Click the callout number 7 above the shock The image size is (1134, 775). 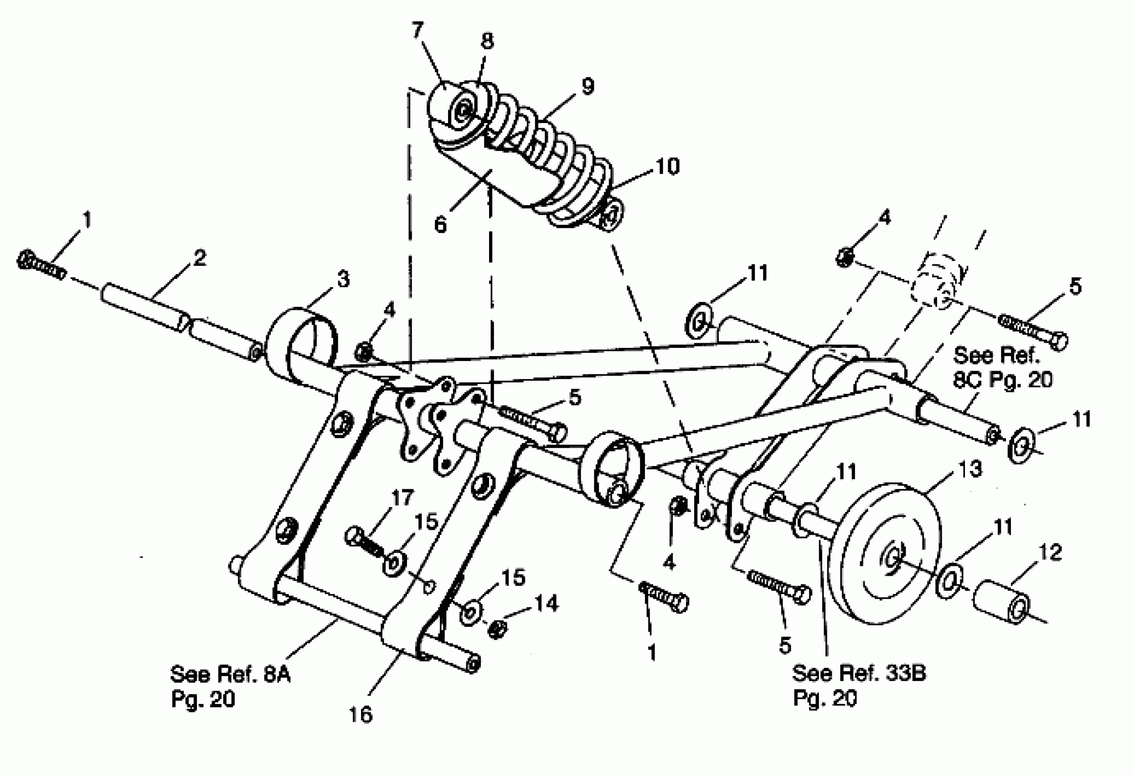pyautogui.click(x=417, y=30)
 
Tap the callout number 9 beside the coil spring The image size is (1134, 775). pyautogui.click(x=588, y=86)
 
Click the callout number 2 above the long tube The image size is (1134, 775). pyautogui.click(x=199, y=258)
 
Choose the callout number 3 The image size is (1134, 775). pyautogui.click(x=344, y=279)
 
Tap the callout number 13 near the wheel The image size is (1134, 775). pyautogui.click(x=969, y=469)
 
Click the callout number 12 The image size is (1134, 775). pyautogui.click(x=1051, y=553)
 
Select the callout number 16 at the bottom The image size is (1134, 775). pyautogui.click(x=361, y=714)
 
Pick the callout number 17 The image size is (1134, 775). pyautogui.click(x=402, y=498)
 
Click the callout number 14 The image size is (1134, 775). pyautogui.click(x=546, y=604)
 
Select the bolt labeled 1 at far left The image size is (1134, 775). pyautogui.click(x=41, y=266)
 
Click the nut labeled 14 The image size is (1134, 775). pyautogui.click(x=497, y=630)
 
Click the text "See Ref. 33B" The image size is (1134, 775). pyautogui.click(x=858, y=673)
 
